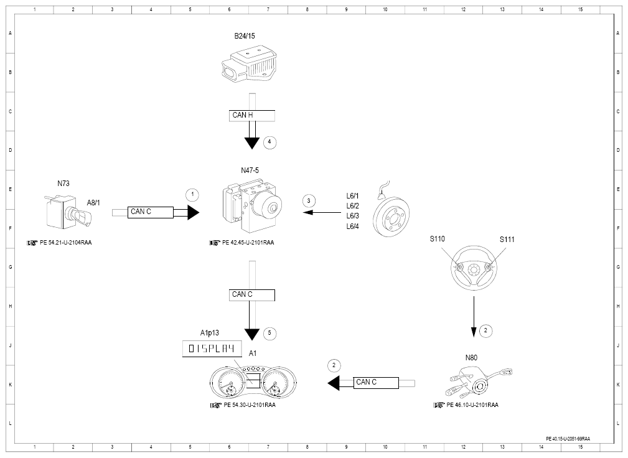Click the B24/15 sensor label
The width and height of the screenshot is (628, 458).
coord(245,36)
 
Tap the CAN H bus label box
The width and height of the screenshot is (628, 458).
coord(252,115)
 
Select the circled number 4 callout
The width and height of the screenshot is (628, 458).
coord(269,142)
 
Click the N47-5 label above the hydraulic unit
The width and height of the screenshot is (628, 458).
coord(250,171)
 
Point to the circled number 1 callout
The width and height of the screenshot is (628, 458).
coord(192,195)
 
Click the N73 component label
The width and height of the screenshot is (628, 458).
coord(63,184)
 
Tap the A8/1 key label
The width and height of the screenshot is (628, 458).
coord(93,203)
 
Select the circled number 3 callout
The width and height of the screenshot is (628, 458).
coord(308,201)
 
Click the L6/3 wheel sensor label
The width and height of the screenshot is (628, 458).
coord(352,216)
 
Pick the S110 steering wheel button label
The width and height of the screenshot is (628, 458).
coord(438,239)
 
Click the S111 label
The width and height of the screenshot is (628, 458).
coord(507,240)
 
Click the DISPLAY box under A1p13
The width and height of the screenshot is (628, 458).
coord(212,348)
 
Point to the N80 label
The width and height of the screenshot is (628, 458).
coord(471,358)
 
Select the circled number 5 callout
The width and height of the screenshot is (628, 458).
coord(269,333)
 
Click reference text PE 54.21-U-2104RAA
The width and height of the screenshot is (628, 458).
coord(66,243)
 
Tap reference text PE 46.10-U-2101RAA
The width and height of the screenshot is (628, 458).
coord(472,405)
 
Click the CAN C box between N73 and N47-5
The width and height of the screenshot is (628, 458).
coord(151,212)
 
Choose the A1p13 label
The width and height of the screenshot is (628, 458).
coord(210,333)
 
